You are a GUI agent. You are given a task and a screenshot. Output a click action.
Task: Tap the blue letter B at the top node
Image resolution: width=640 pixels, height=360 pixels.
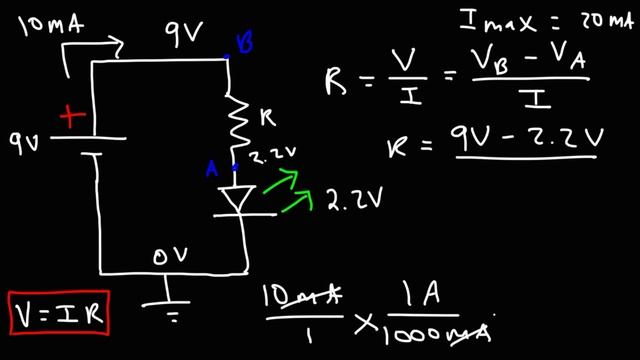point(242,42)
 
